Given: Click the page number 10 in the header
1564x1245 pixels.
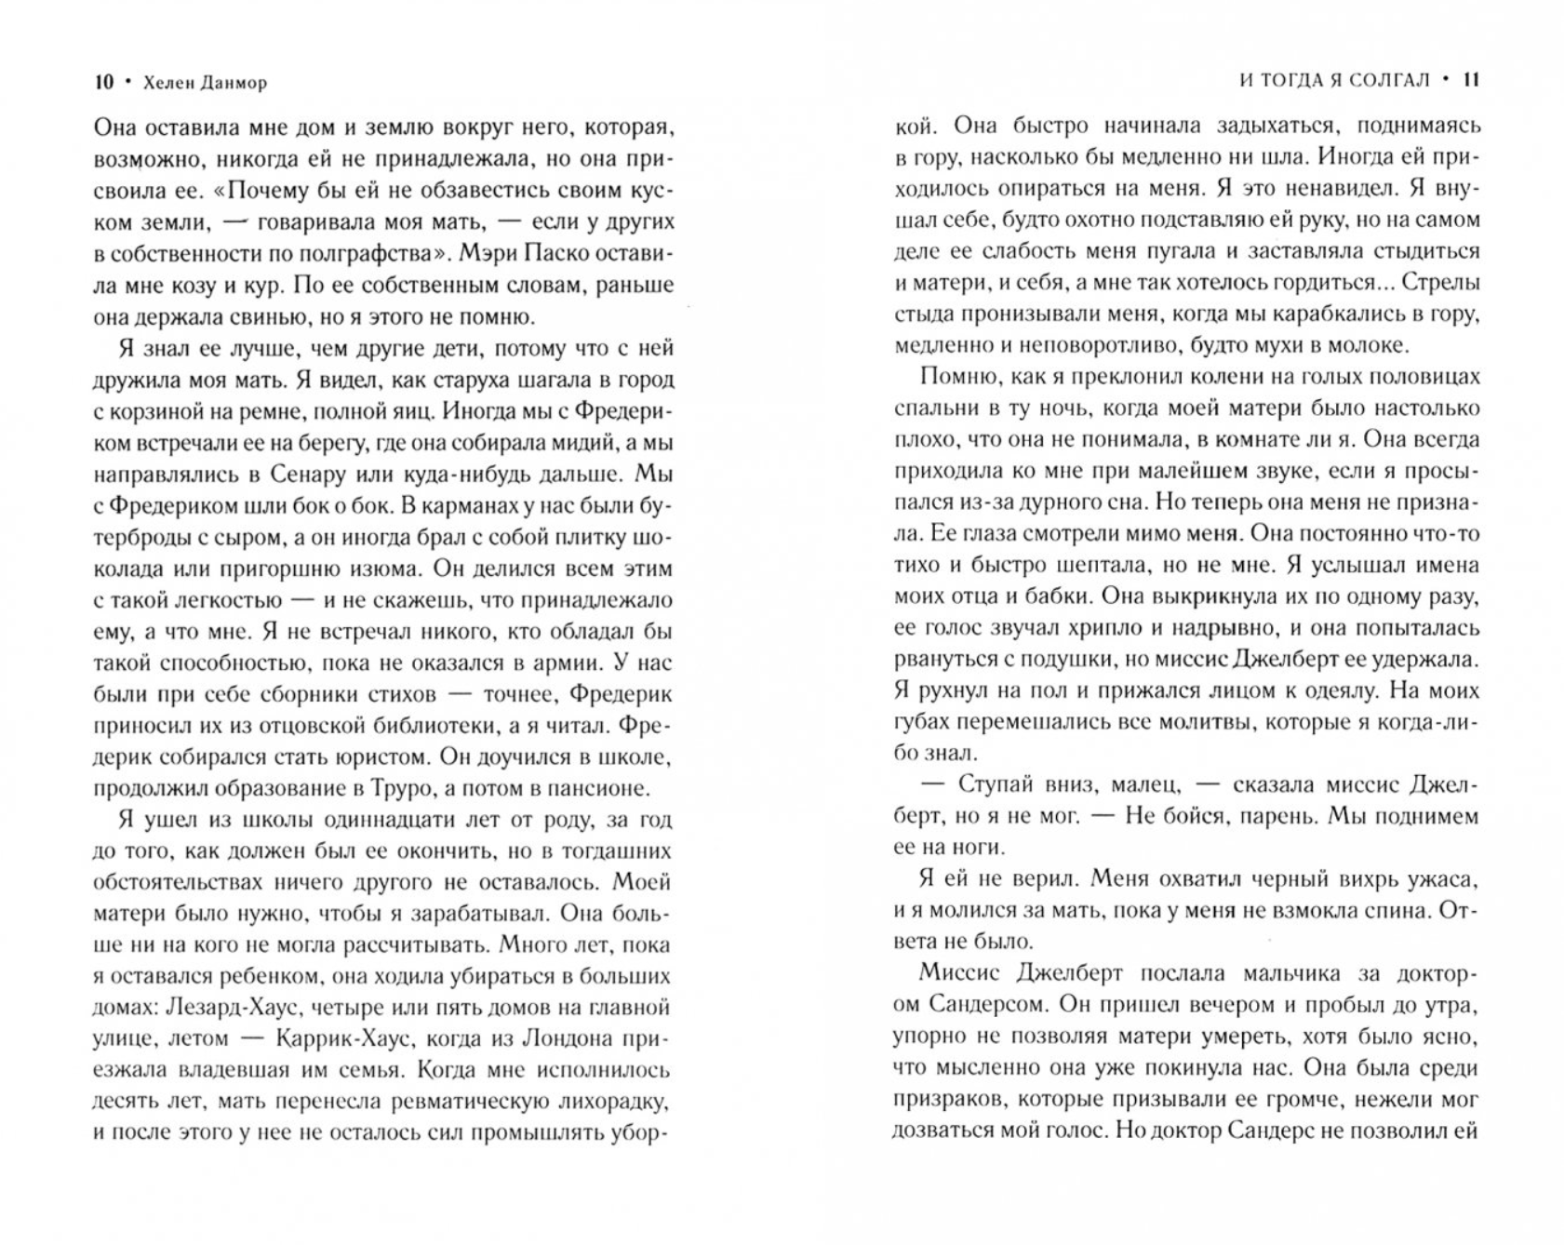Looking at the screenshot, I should click(103, 83).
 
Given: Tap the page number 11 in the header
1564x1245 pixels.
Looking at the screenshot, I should click(1470, 81).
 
